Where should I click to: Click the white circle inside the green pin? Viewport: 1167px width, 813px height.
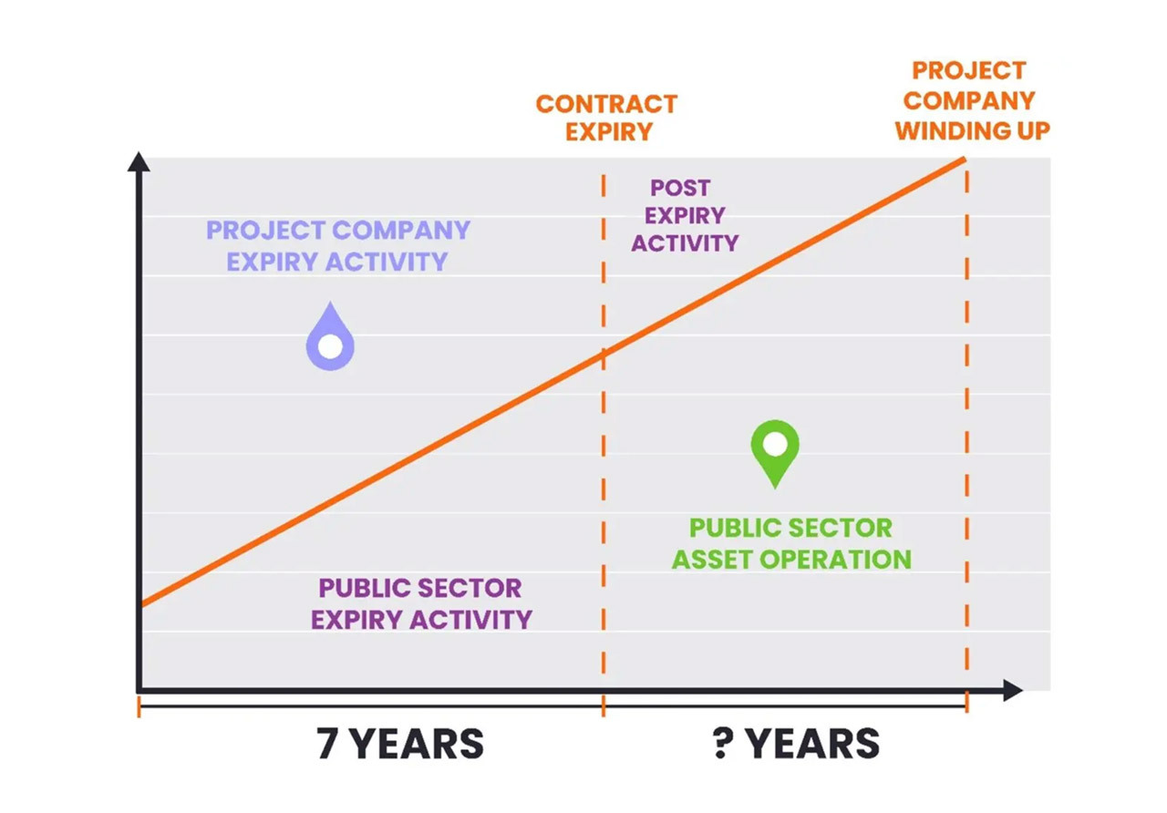point(775,444)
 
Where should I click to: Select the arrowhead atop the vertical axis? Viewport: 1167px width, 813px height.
point(139,161)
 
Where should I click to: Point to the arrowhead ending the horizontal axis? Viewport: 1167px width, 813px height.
point(1013,690)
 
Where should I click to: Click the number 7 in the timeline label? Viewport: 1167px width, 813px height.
point(326,743)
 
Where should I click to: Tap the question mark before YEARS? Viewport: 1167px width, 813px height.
point(723,743)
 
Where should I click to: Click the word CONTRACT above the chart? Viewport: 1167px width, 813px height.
point(606,104)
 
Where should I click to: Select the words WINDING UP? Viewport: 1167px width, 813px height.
point(972,130)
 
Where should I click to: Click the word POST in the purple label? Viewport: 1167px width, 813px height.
point(680,188)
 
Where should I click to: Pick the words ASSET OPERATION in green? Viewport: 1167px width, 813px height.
point(791,560)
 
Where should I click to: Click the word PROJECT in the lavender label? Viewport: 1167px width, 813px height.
point(265,231)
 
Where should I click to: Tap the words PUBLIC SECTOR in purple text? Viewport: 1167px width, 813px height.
point(420,589)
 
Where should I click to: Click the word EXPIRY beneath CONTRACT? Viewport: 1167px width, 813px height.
point(608,132)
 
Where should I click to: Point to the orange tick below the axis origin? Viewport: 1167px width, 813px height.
point(139,706)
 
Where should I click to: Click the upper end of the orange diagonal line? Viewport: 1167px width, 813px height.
point(965,160)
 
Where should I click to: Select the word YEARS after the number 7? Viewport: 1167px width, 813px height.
point(417,743)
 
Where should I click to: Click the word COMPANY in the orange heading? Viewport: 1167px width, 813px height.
point(969,100)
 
